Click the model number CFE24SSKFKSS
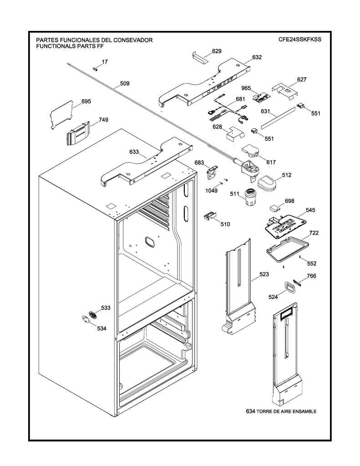pyautogui.click(x=300, y=40)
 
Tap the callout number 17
pyautogui.click(x=105, y=61)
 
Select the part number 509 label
pyautogui.click(x=124, y=83)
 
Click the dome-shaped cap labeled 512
pyautogui.click(x=267, y=183)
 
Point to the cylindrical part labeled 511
pyautogui.click(x=249, y=197)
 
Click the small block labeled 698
pyautogui.click(x=275, y=208)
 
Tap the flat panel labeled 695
pyautogui.click(x=62, y=114)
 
